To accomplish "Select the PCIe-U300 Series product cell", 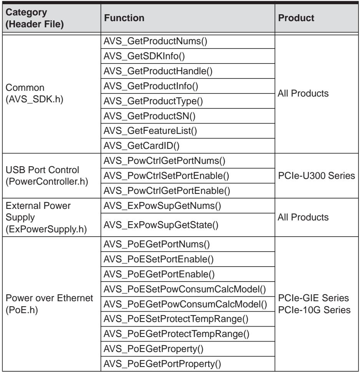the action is [x=316, y=176].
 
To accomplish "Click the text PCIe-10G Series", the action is [x=314, y=310].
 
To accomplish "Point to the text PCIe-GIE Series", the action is [x=313, y=298].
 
